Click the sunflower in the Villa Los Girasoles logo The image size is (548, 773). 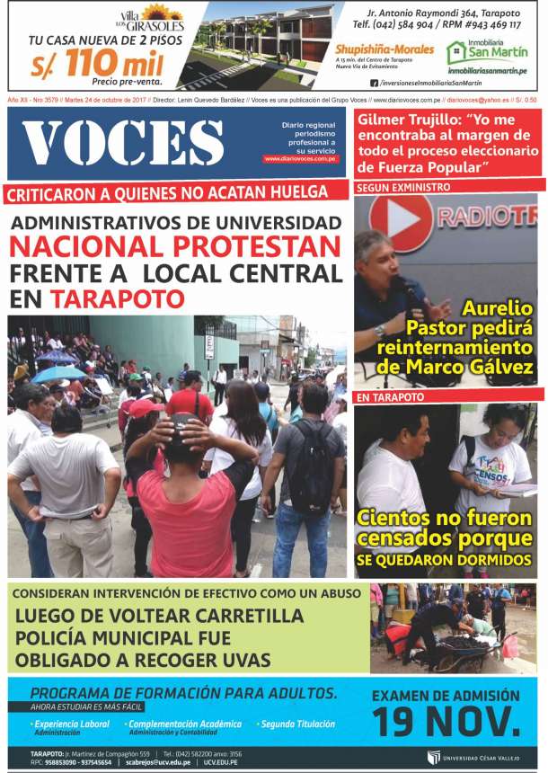(x=163, y=13)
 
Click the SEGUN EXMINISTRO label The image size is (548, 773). (x=391, y=188)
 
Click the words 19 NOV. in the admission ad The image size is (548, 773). (x=446, y=721)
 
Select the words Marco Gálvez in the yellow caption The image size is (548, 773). (x=476, y=367)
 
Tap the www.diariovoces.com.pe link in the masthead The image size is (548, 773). (x=300, y=159)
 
